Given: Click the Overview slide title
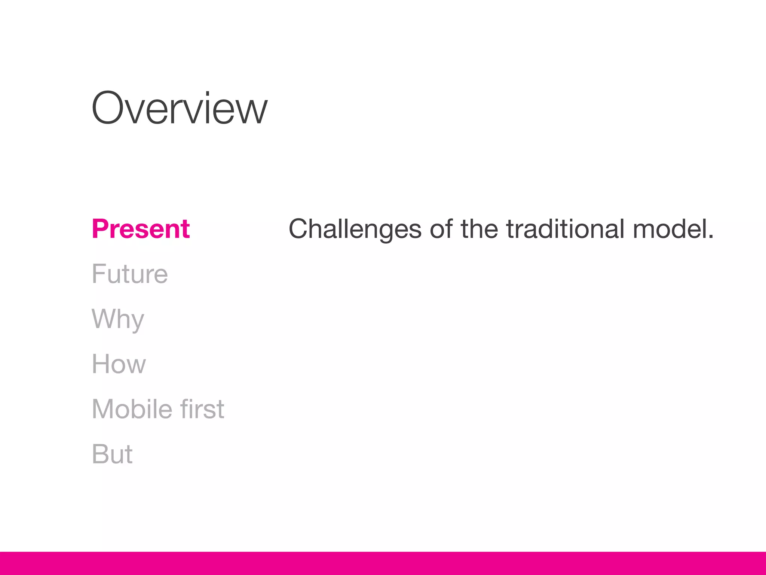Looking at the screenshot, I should [180, 109].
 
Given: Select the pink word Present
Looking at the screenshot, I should [141, 229].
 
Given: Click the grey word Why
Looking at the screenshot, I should [118, 319].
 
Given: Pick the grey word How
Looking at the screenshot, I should [119, 364].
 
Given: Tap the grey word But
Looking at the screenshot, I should [112, 454].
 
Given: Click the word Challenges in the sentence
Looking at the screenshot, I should [355, 229].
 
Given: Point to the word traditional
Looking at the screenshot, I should [565, 229].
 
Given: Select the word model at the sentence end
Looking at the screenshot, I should [670, 229].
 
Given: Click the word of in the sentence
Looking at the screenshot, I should [441, 229].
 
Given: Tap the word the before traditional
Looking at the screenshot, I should [479, 229].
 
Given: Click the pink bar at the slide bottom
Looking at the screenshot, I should [383, 563].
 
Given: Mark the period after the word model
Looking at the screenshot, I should [711, 237].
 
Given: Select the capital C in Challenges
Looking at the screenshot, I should [300, 229].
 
